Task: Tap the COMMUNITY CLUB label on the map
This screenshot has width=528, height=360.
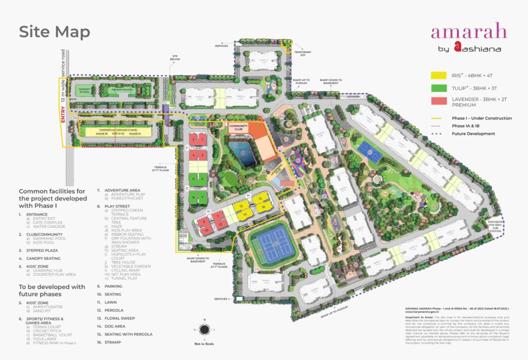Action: [239, 127]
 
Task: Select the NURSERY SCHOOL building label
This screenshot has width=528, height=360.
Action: [84, 90]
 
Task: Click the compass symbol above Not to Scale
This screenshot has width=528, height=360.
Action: [205, 329]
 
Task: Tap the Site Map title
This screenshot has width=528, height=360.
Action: [54, 32]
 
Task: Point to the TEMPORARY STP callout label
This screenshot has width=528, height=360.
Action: [303, 53]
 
